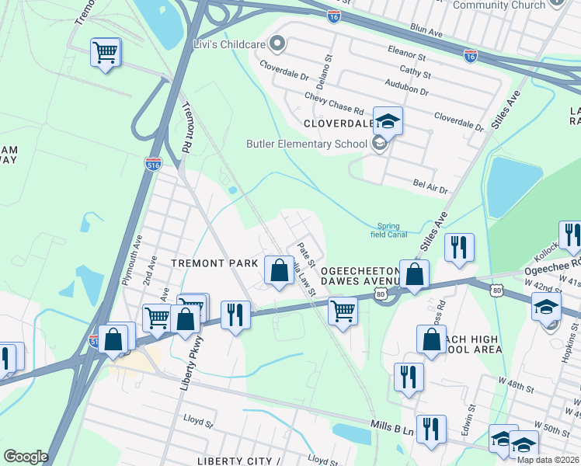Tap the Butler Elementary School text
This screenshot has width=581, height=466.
coord(306,144)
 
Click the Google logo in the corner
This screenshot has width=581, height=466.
coord(26,457)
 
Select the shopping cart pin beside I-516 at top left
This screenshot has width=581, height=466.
coord(105,53)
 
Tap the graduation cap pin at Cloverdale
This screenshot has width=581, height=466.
coord(388,121)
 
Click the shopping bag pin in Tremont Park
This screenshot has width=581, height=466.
coord(279,270)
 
